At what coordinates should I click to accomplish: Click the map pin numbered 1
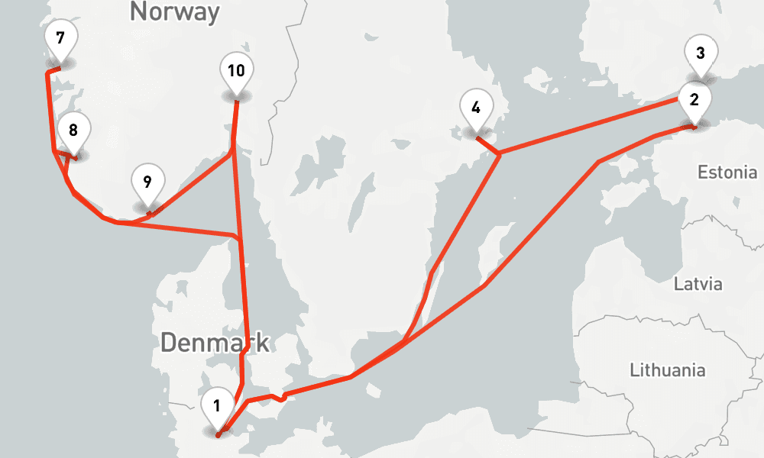click(217, 407)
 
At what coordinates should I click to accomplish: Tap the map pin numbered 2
click(694, 100)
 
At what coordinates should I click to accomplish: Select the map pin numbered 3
click(700, 55)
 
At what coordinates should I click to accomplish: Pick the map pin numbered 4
click(476, 108)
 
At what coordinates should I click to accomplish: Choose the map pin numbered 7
click(60, 38)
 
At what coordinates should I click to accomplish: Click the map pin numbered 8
click(73, 131)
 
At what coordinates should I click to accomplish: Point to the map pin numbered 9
click(147, 183)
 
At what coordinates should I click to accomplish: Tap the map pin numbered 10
click(236, 72)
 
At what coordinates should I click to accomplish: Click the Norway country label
click(175, 11)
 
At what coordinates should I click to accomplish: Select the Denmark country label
click(215, 343)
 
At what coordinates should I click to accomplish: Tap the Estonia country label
click(727, 173)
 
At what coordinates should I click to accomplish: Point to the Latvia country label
click(698, 285)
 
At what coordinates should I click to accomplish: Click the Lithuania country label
click(668, 371)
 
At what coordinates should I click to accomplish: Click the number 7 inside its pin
click(60, 37)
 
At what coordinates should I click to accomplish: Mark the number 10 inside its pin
click(236, 71)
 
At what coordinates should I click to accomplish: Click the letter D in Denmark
click(168, 343)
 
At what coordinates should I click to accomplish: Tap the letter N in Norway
click(138, 11)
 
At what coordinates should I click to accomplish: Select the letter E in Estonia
click(702, 173)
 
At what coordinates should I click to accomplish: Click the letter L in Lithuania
click(634, 371)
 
